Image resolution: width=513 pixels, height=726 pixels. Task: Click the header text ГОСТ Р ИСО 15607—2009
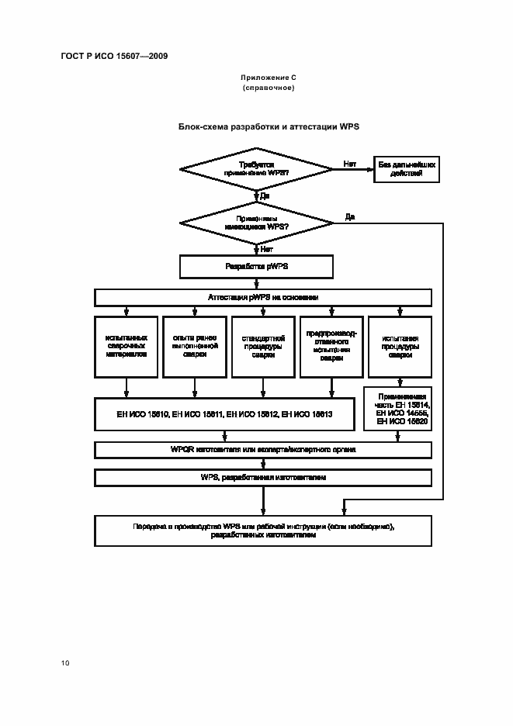pos(114,56)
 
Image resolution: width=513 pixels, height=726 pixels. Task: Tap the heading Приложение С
pos(269,78)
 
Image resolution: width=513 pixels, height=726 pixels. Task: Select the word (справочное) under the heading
pos(269,88)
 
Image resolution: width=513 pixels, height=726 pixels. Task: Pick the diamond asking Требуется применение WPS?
pos(257,170)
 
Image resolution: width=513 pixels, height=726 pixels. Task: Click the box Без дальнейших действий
pos(406,170)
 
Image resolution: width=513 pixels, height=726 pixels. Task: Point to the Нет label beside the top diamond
pos(350,164)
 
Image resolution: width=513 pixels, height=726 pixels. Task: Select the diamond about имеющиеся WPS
pos(257,223)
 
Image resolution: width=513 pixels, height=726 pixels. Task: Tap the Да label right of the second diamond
pos(350,216)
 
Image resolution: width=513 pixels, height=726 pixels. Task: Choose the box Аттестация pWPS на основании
pos(263,298)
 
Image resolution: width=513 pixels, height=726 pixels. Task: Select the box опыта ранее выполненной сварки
pos(195,345)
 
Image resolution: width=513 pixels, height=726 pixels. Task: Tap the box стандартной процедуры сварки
pos(263,345)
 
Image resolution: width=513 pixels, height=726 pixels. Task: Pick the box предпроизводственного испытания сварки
pos(331,345)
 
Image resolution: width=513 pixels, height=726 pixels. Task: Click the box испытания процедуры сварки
pos(400,345)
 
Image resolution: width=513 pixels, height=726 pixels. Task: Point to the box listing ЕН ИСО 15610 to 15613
pos(225,414)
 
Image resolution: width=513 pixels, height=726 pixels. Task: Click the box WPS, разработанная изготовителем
pos(263,477)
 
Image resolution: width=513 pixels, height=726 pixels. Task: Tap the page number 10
pos(65,662)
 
